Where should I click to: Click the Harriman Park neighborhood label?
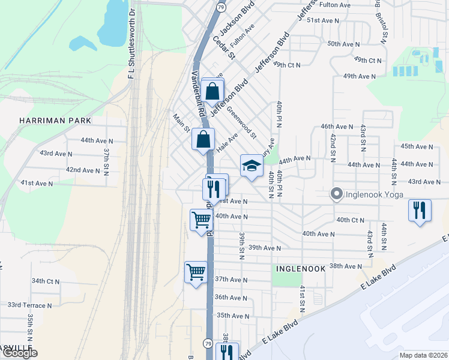[55, 121]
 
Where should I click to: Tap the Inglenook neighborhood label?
[300, 269]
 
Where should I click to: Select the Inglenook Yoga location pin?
[336, 194]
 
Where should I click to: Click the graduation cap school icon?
[252, 166]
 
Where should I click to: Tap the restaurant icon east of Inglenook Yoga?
[419, 210]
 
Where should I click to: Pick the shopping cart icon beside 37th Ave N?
[196, 272]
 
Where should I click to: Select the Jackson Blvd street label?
[237, 17]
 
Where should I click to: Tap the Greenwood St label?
[241, 122]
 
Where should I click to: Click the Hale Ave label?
[228, 144]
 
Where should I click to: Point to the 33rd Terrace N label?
[29, 305]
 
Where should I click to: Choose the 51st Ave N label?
[323, 20]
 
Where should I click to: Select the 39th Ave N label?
[265, 248]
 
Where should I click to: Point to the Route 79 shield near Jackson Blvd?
[221, 7]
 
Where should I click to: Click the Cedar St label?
[223, 48]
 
